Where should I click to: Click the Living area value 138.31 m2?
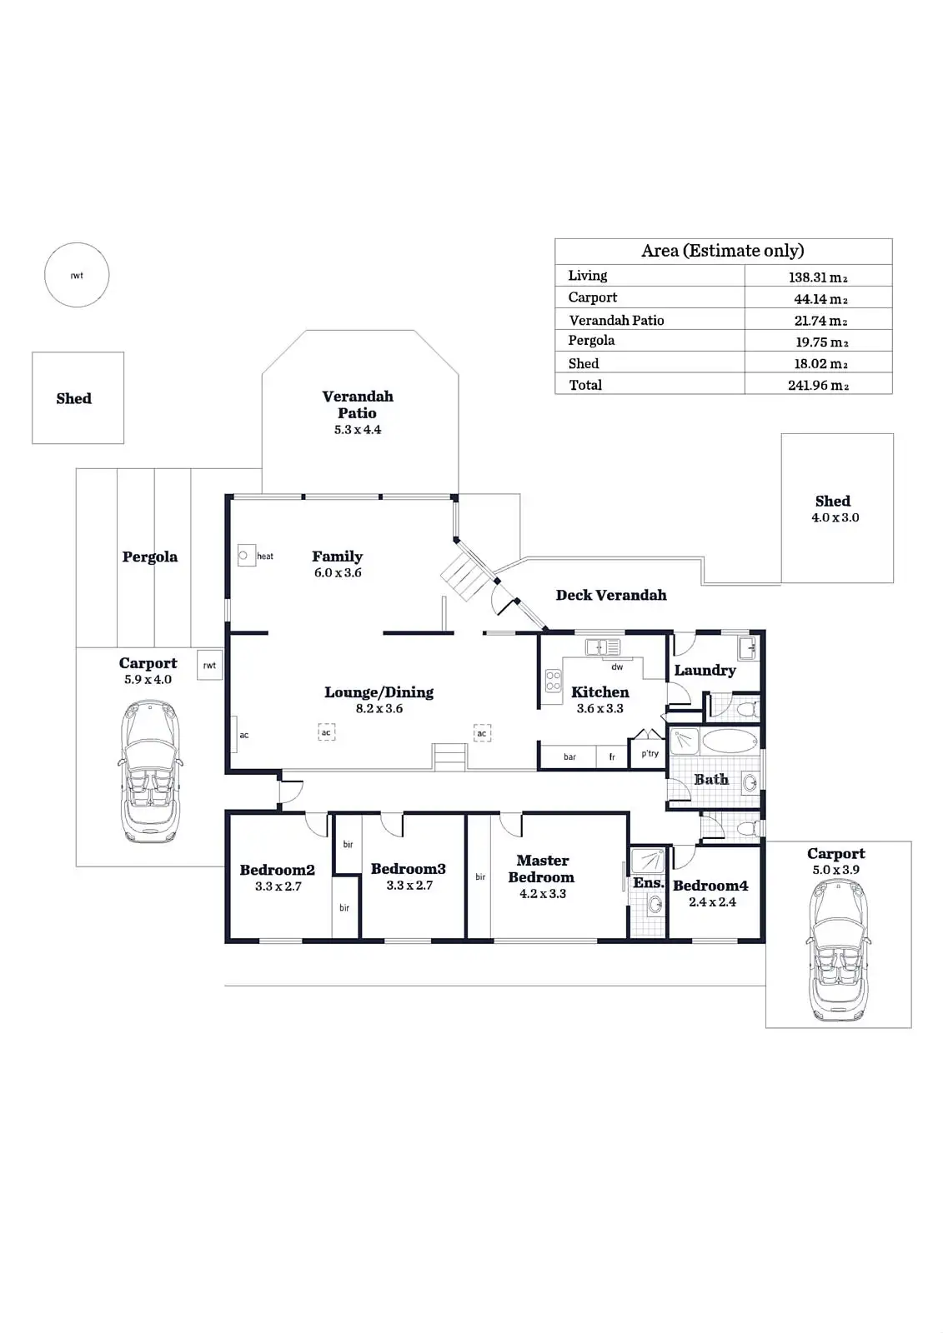818,277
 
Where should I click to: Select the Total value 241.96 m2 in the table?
818,385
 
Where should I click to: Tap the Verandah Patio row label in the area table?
616,320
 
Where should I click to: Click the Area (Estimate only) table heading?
723,251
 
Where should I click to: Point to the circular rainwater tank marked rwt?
77,275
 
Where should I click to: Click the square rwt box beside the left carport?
209,665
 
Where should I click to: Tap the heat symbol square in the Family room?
245,555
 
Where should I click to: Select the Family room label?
337,557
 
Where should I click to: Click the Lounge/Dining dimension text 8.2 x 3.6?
379,709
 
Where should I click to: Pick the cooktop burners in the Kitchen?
554,681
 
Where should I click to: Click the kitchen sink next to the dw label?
602,647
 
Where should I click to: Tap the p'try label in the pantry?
650,753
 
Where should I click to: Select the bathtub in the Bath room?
730,741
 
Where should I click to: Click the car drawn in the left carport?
150,771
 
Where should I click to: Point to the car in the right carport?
836,950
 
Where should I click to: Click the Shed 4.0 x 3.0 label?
834,508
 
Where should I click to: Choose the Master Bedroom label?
542,868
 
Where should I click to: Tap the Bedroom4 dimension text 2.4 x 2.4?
712,902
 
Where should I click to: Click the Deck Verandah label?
611,595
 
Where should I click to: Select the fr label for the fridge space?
612,756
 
